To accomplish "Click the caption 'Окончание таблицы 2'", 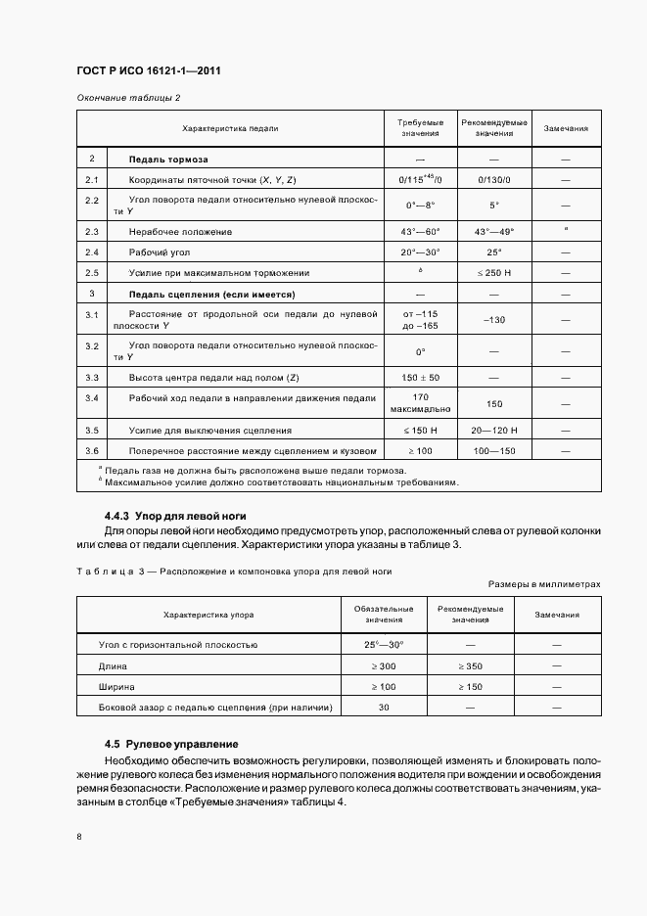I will pyautogui.click(x=128, y=98).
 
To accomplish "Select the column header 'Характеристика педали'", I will pyautogui.click(x=230, y=128).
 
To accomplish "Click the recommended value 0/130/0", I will pyautogui.click(x=494, y=180).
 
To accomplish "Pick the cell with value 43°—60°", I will pyautogui.click(x=421, y=231).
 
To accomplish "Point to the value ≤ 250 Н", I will pyautogui.click(x=494, y=272).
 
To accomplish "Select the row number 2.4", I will pyautogui.click(x=92, y=252).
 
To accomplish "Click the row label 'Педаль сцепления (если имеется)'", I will pyautogui.click(x=212, y=294).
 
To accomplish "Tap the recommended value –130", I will pyautogui.click(x=494, y=320).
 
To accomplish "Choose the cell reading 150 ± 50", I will pyautogui.click(x=421, y=377).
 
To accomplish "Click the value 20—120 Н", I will pyautogui.click(x=494, y=430).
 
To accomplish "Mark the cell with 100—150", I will pyautogui.click(x=494, y=450).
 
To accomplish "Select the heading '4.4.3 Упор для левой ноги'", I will pyautogui.click(x=174, y=515).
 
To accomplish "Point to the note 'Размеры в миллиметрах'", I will pyautogui.click(x=544, y=583).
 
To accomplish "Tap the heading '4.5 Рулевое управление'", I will pyautogui.click(x=171, y=744).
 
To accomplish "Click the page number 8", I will pyautogui.click(x=79, y=836).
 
